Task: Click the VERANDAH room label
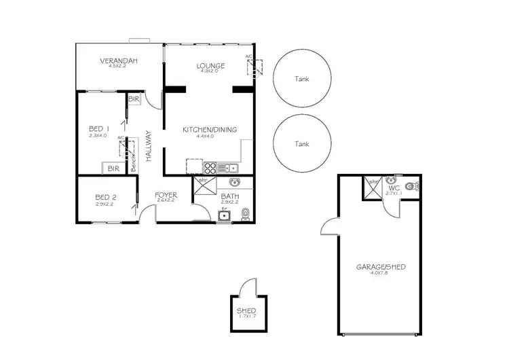tap(119, 61)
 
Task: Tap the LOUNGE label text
tap(210, 66)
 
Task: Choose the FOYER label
tap(166, 194)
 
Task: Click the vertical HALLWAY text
tap(148, 145)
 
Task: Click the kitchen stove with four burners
tap(210, 168)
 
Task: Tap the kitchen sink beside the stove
tap(230, 168)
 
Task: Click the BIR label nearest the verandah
tap(133, 98)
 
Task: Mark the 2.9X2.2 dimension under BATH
tap(229, 202)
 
